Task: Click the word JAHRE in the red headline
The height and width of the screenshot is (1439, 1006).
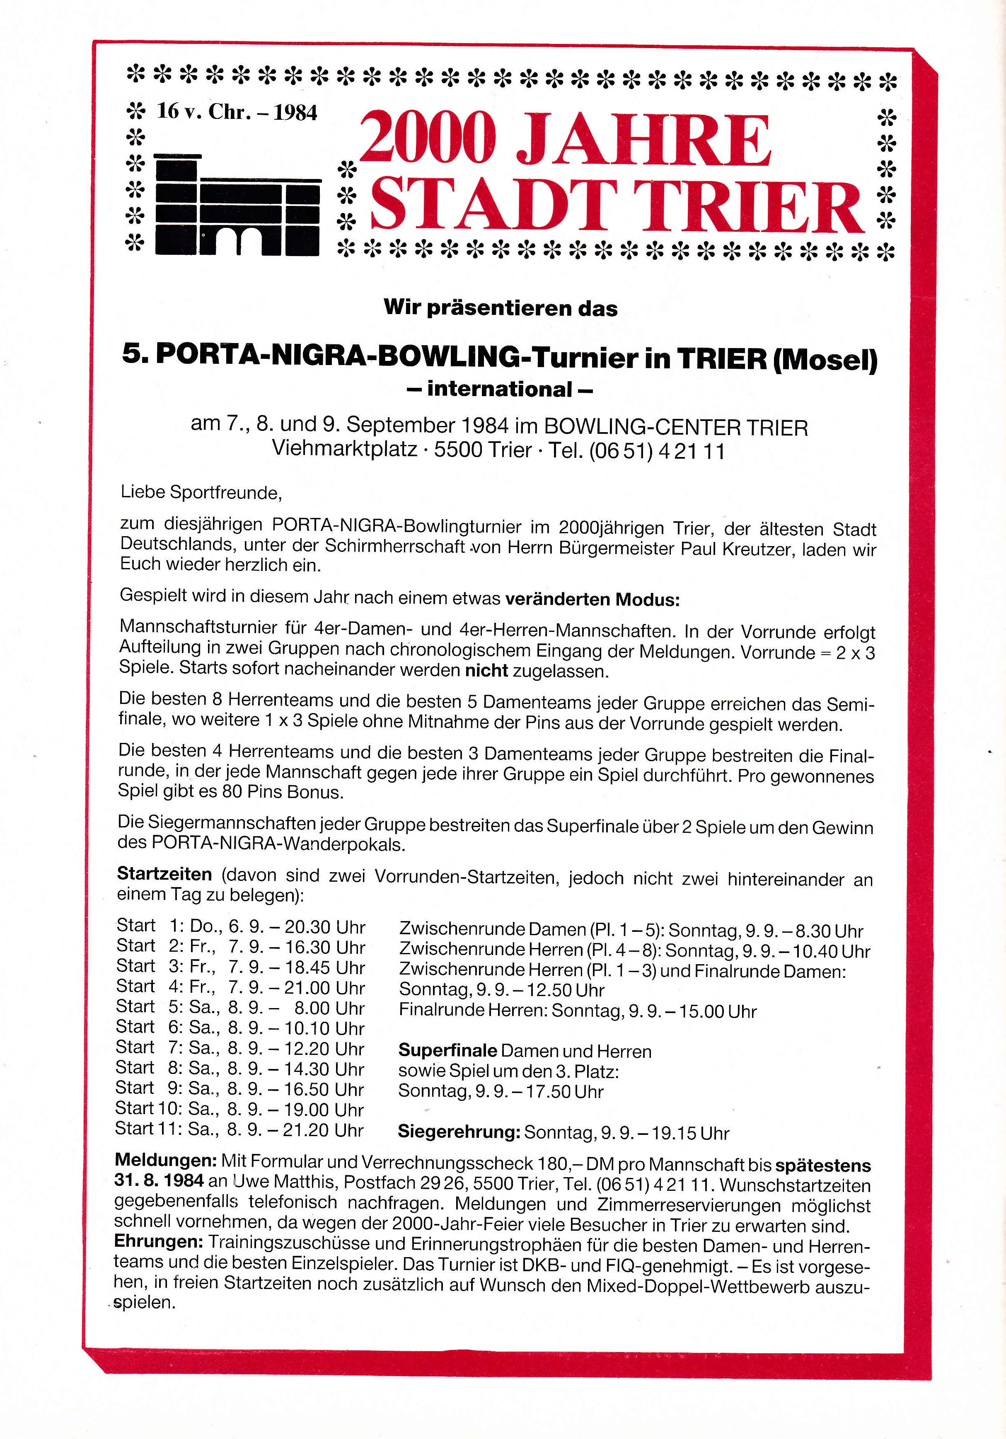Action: click(x=646, y=140)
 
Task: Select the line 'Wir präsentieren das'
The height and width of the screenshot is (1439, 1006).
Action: click(x=500, y=308)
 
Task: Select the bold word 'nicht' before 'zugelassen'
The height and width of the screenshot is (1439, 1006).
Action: click(x=486, y=671)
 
